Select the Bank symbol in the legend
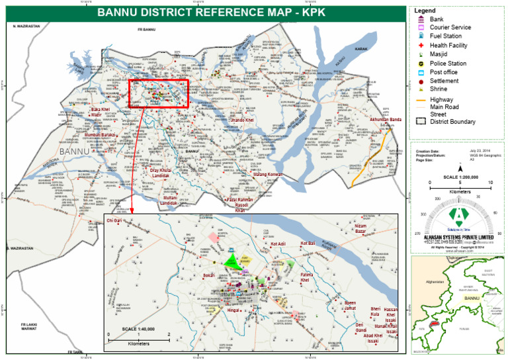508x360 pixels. click(421, 20)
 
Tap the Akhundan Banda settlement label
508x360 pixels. click(386, 120)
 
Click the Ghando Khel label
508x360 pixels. click(241, 120)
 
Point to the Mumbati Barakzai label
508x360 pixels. click(99, 135)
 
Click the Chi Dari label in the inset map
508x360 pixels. click(114, 220)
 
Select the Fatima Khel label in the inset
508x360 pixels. click(306, 277)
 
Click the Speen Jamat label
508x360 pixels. click(350, 306)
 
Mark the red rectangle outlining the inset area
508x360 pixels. click(159, 94)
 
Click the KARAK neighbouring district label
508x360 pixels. click(360, 50)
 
